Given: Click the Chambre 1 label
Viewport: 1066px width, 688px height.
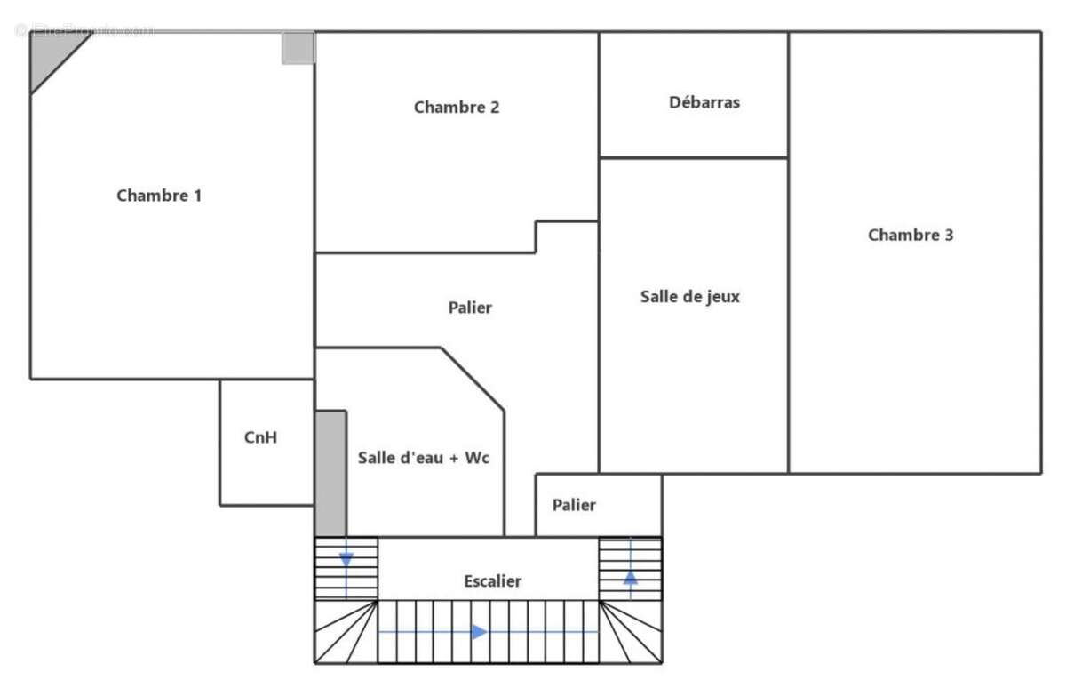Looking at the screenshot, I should pos(159,196).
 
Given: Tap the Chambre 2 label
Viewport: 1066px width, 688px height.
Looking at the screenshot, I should pos(457,108).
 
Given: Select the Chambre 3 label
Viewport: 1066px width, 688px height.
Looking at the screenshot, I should pos(911,236).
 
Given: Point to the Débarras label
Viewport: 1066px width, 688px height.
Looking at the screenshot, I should pos(704,102).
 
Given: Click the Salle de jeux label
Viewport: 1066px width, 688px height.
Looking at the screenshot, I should pos(689,297).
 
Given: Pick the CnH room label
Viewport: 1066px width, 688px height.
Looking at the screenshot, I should pos(260,437).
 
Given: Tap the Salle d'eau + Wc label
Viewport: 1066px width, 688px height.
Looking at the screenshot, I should pos(423,459).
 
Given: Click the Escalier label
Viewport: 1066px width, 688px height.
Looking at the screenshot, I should pos(492,581).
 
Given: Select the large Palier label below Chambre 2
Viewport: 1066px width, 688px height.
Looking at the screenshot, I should pos(470,308).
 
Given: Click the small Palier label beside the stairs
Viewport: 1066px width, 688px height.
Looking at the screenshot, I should pos(574,506).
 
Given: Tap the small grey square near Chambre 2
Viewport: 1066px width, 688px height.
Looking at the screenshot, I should pos(298,48).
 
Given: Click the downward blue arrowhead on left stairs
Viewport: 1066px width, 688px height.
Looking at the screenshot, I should pos(346,560).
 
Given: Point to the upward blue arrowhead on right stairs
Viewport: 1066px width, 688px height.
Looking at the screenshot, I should pos(630,577).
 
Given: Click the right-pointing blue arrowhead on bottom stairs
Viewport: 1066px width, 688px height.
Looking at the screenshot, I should pos(479,632).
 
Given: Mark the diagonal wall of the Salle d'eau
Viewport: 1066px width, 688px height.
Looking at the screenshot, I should pos(473,380).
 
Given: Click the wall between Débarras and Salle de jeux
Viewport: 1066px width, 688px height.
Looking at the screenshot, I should pos(693,158).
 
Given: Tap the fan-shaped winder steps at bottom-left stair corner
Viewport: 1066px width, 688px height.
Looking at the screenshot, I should pos(346,633).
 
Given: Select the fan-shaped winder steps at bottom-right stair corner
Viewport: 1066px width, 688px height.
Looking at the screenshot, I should pos(631,633).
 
